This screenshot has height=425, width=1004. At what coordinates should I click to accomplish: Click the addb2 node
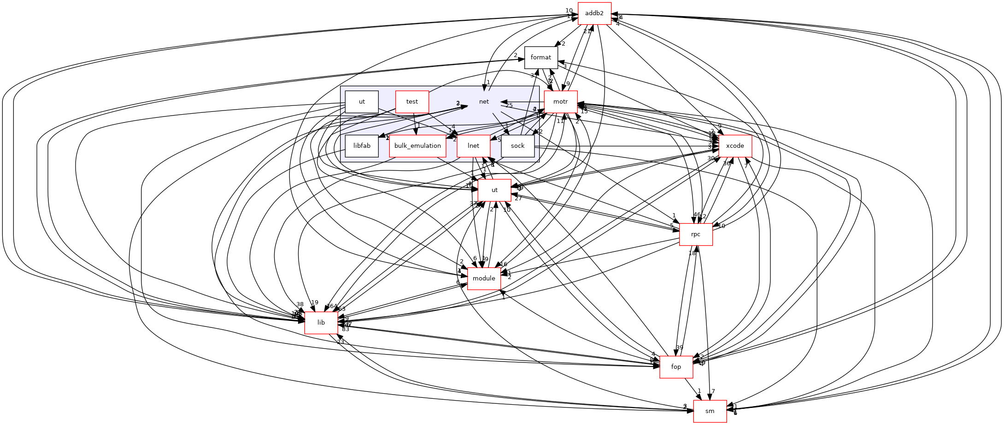tap(594, 13)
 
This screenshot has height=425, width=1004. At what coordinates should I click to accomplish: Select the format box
tap(540, 58)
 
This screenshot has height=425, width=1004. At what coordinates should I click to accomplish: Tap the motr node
tap(560, 102)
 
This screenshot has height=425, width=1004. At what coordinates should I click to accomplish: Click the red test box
tap(412, 102)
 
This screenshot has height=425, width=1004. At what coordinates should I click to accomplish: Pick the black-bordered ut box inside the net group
tap(362, 102)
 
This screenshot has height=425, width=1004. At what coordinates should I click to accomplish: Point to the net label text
tap(484, 102)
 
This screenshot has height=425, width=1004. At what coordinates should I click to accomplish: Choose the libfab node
tap(362, 146)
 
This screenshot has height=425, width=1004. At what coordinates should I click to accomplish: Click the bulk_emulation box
tap(417, 146)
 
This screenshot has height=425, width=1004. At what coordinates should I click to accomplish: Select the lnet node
tap(473, 146)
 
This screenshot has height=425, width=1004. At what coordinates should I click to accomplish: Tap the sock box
tap(517, 146)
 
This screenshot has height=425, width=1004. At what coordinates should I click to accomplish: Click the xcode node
tap(735, 146)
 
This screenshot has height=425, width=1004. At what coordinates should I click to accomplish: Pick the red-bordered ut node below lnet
tap(494, 190)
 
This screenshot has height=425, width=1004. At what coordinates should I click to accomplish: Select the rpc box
tap(696, 234)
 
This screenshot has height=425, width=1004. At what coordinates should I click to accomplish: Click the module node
tap(484, 279)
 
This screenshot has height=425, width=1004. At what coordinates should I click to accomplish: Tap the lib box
tap(321, 323)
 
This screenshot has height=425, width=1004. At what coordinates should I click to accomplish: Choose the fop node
tap(676, 367)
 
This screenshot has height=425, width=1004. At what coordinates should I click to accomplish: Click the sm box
tap(710, 411)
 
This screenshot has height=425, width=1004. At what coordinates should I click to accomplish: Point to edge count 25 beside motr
tap(509, 106)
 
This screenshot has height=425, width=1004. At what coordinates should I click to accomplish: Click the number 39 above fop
tap(679, 348)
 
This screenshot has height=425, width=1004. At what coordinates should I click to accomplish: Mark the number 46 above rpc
tap(697, 215)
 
